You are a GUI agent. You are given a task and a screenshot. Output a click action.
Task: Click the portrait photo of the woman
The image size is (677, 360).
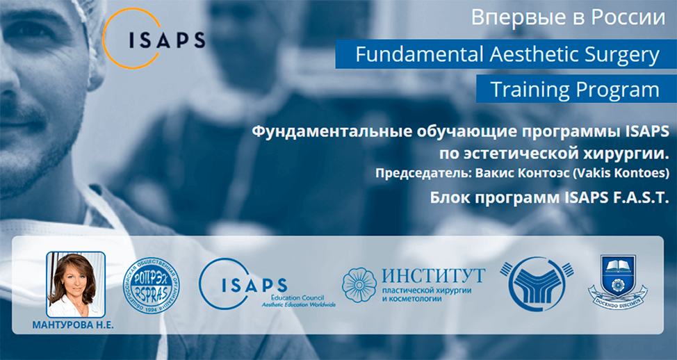(76, 284)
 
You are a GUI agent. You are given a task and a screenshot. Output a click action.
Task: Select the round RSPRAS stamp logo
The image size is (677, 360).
(150, 284)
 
